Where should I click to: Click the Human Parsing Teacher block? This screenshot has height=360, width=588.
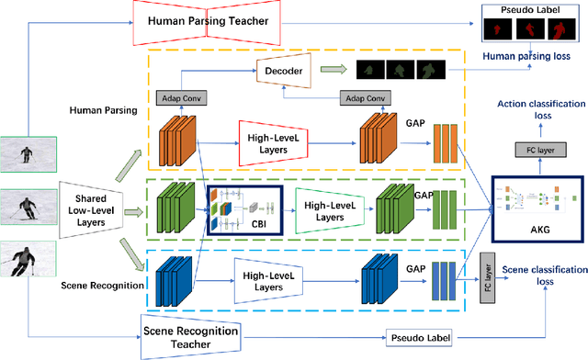coord(209,22)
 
